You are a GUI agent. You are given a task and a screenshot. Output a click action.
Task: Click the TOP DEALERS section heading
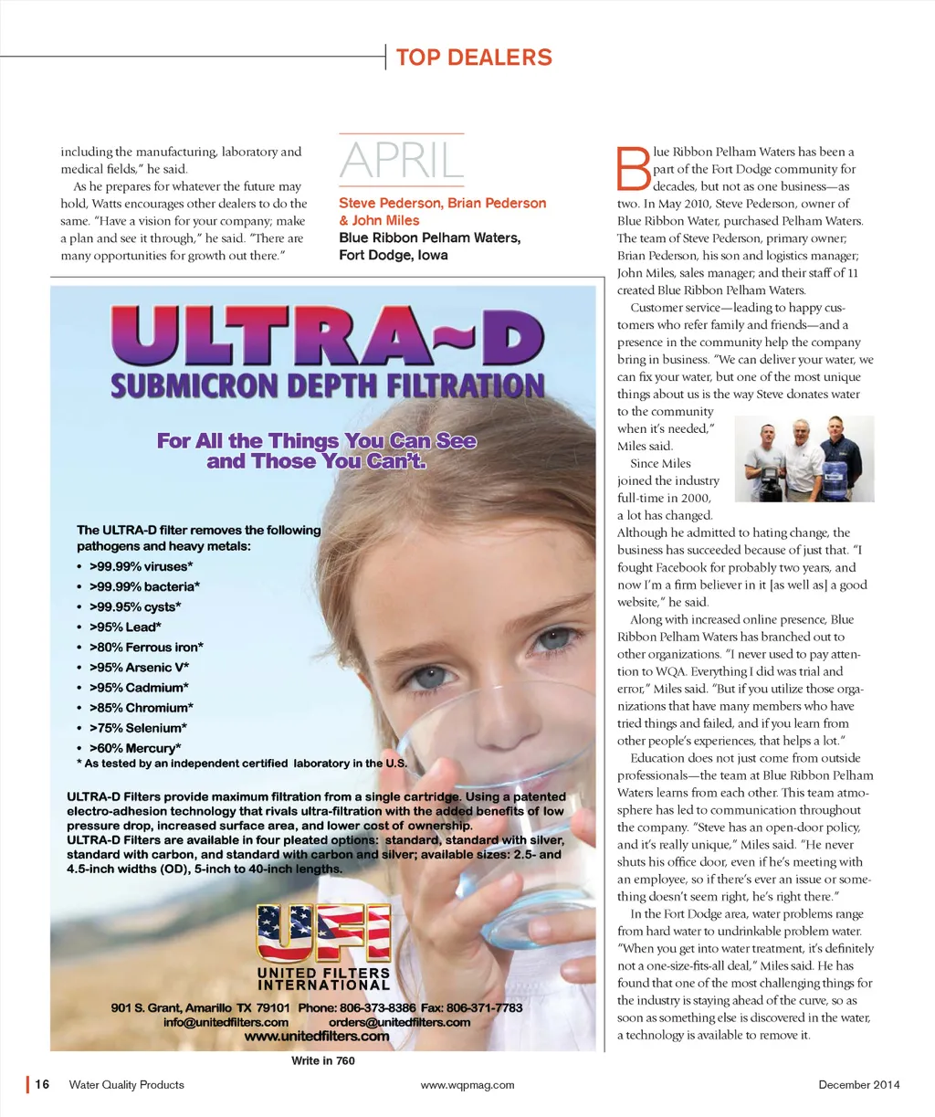tap(474, 58)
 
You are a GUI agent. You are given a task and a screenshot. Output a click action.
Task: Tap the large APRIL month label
tap(402, 161)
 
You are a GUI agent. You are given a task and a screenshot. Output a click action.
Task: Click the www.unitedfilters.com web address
tap(317, 1037)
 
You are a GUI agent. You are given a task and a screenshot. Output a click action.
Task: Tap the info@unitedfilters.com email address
tap(226, 1022)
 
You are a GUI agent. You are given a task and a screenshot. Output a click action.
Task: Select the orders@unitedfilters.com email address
tap(400, 1022)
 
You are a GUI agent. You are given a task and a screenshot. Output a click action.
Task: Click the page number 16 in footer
tap(42, 1085)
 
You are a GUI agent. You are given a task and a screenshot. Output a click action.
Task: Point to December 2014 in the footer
tap(858, 1085)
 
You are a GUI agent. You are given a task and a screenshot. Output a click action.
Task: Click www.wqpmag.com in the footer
tap(467, 1085)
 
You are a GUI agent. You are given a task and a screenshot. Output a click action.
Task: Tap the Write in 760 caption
tap(323, 1061)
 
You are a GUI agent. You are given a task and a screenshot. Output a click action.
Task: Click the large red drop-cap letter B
tap(634, 170)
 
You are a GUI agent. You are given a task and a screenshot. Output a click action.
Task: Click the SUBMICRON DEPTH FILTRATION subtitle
tap(327, 386)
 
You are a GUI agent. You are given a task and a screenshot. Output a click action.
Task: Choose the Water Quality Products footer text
tap(127, 1085)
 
